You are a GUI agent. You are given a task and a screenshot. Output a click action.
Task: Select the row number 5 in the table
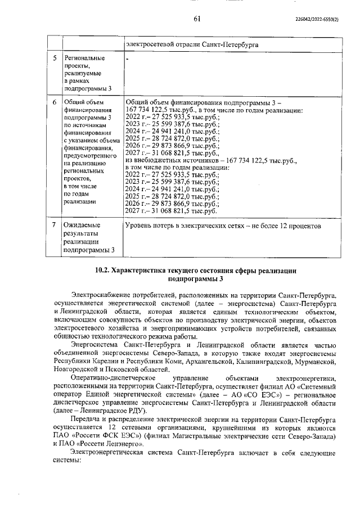pos(54,58)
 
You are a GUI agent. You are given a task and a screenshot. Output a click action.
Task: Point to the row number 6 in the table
pos(54,102)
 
